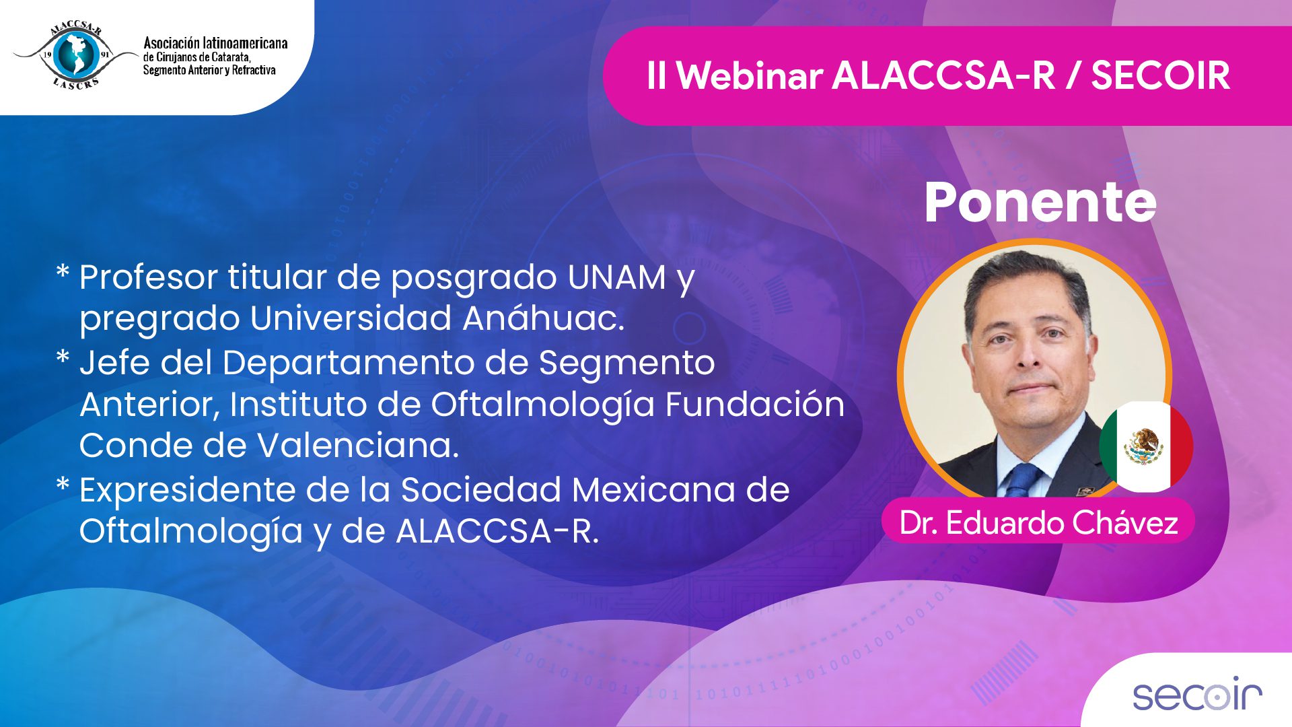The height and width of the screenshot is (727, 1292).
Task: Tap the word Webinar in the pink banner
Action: tap(749, 75)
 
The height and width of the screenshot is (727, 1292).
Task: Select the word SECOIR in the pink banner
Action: tap(1160, 75)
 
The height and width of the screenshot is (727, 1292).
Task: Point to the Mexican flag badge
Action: tap(1146, 446)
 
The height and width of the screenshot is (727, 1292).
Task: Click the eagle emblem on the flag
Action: tap(1144, 446)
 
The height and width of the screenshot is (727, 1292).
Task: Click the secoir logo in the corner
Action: tap(1197, 694)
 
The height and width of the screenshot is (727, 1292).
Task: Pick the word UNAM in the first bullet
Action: tap(617, 277)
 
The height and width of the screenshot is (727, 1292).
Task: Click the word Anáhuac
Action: tap(544, 318)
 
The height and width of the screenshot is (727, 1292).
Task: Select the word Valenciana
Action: tap(359, 446)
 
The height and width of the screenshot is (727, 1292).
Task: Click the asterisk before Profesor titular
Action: tap(63, 273)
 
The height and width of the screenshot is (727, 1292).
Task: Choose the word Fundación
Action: tap(755, 405)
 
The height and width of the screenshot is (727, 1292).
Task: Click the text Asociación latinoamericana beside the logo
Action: tap(215, 43)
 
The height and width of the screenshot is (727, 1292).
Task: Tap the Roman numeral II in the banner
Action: tap(656, 75)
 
